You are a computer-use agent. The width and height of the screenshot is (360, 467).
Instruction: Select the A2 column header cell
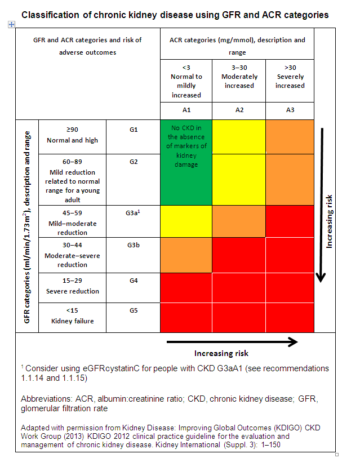[239, 110]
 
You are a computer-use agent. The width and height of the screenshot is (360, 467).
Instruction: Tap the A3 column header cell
[290, 110]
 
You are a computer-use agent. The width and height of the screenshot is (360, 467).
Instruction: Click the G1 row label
[134, 130]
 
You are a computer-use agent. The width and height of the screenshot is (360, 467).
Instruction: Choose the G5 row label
[134, 310]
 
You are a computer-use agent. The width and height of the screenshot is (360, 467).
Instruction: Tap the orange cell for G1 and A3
[290, 136]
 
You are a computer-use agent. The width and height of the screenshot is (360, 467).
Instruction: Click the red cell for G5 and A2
[239, 318]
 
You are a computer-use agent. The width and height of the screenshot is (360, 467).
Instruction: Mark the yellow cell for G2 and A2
[239, 179]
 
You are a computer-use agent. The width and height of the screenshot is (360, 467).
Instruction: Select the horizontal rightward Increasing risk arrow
[232, 341]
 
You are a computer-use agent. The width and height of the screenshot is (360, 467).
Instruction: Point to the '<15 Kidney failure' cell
[72, 316]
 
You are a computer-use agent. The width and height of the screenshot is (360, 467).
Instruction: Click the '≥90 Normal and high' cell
[72, 135]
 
